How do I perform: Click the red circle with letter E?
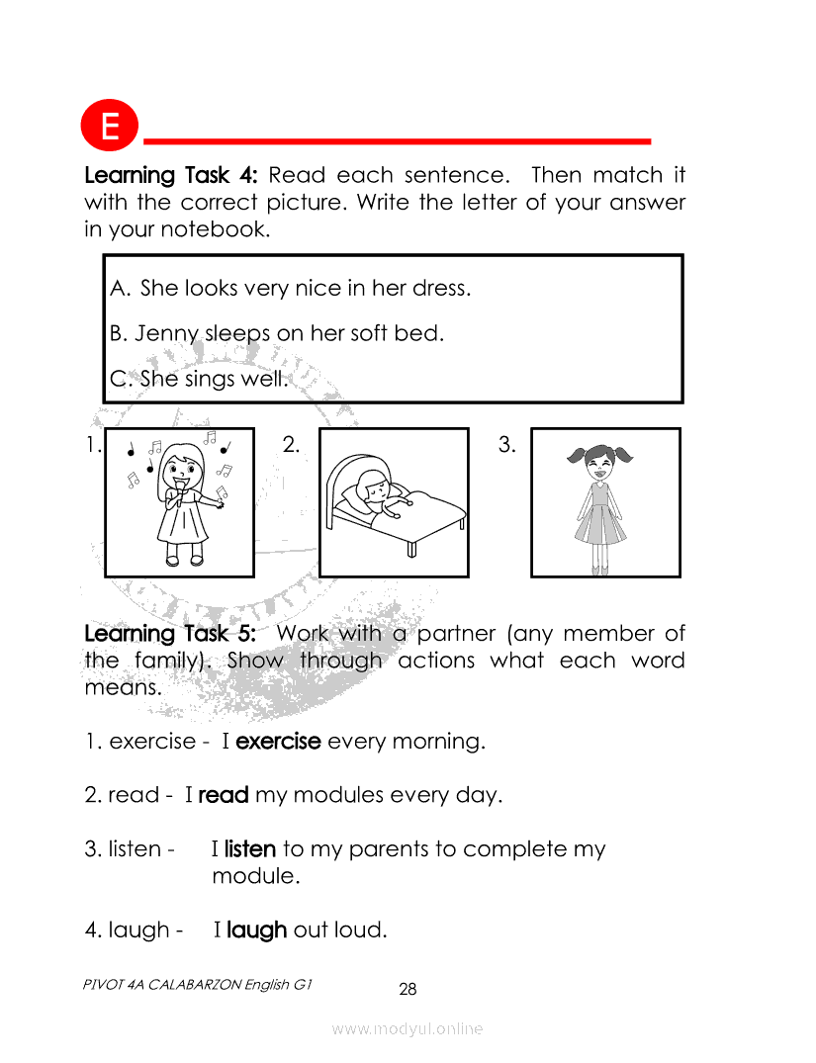pos(109,126)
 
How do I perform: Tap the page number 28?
pos(408,989)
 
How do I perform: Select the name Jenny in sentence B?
pos(166,334)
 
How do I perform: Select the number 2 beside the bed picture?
pos(291,445)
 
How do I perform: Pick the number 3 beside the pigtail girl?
pos(506,445)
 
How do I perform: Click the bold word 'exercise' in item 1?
pos(278,741)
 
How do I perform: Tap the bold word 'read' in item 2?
pos(224,795)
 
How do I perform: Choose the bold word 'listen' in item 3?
pos(249,848)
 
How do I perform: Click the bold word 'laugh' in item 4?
pos(256,930)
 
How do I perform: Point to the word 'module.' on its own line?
pos(256,876)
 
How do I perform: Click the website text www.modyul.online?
pos(407,1029)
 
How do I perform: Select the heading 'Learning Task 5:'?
pos(170,634)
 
